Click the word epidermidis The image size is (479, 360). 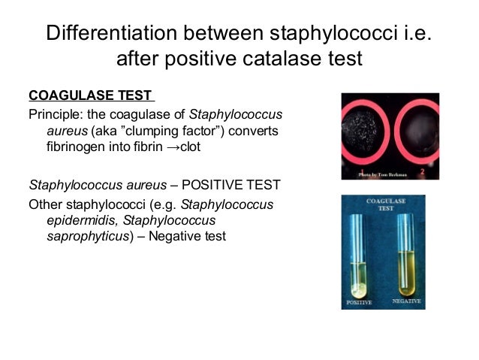75,220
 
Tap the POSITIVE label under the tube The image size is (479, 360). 358,302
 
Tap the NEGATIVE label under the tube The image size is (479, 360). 407,301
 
